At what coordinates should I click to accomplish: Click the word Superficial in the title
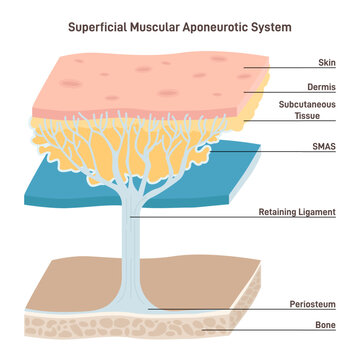99,27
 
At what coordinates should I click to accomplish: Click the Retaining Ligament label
296,212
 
